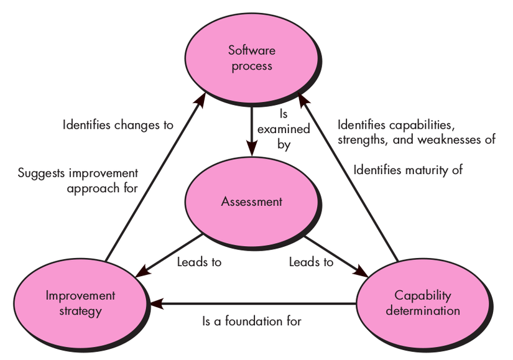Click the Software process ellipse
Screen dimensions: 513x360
[252, 58]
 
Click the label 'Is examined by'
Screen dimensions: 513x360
[284, 129]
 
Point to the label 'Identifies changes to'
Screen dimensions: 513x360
[118, 125]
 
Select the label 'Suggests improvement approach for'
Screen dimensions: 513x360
[78, 181]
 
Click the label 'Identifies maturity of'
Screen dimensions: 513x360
[408, 170]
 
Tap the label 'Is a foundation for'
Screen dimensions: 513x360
[252, 321]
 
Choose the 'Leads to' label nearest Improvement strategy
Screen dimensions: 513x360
[199, 262]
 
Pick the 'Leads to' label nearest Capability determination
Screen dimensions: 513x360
[311, 262]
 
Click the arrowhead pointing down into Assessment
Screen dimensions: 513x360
[252, 150]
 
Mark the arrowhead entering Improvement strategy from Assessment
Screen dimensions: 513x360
[142, 272]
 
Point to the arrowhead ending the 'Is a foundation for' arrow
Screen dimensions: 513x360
[156, 303]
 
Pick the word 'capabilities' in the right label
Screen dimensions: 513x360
[422, 125]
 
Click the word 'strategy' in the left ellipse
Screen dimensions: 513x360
[80, 312]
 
